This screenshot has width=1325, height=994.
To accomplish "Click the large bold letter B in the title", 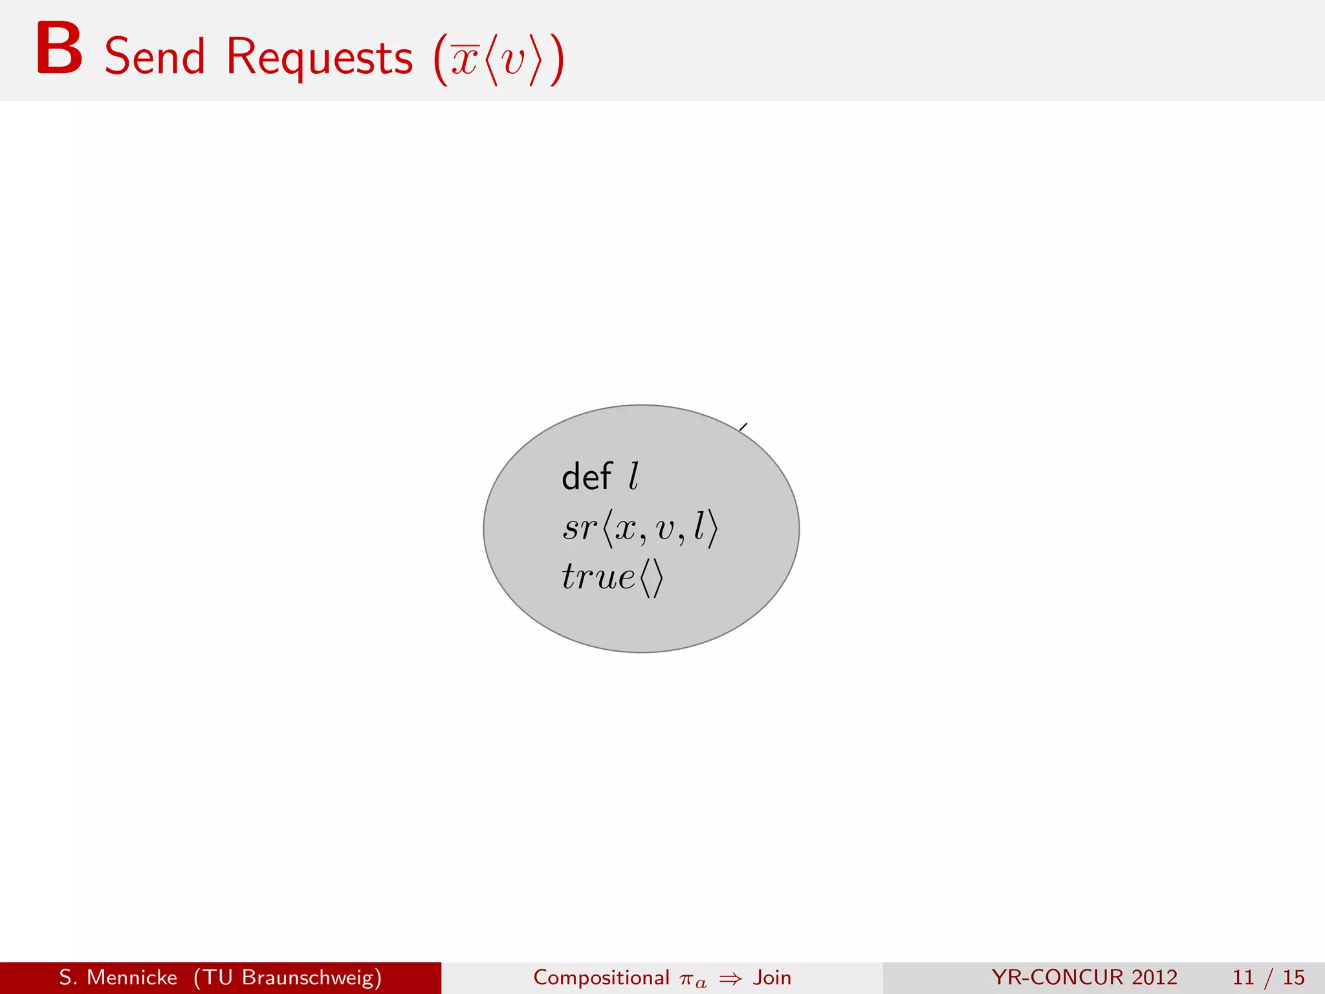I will click(x=59, y=49).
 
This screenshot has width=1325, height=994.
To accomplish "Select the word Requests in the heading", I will click(x=319, y=58).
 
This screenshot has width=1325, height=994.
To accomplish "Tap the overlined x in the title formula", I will click(x=465, y=60).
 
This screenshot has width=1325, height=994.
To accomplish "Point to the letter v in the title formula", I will click(x=514, y=61).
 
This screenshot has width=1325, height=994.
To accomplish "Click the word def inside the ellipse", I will click(x=586, y=477).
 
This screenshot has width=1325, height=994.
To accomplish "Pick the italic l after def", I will click(x=633, y=477).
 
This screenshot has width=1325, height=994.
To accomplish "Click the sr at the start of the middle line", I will click(x=580, y=527).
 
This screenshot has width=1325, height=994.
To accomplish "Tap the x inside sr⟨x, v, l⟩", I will click(x=625, y=529).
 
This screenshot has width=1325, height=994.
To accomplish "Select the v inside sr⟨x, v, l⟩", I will click(x=665, y=529).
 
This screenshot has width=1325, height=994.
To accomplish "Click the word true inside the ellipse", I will click(x=598, y=576).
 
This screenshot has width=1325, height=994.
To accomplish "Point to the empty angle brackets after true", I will click(x=652, y=578).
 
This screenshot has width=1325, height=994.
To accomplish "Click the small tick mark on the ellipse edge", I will click(x=743, y=427).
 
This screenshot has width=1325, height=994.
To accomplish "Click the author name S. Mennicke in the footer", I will click(x=118, y=977).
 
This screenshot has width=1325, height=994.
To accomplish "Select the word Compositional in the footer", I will click(x=601, y=977).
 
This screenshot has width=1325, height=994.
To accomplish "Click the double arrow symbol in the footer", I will click(x=730, y=978).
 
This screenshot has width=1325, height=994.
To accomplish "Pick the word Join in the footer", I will click(x=772, y=977).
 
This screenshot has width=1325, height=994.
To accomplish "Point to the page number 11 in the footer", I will click(x=1243, y=977).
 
